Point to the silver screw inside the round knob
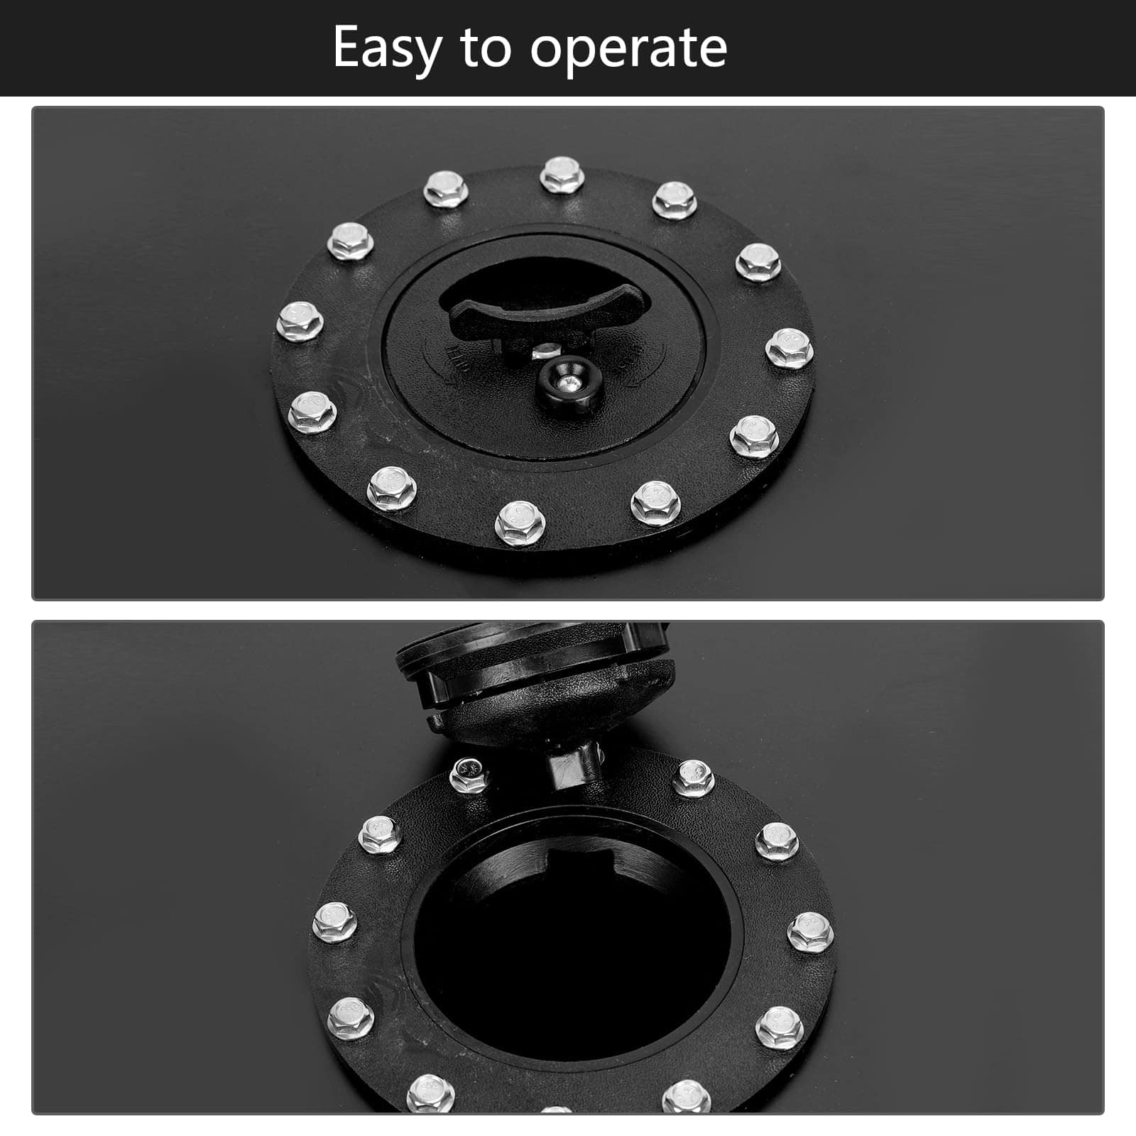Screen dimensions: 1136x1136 pos(568,383)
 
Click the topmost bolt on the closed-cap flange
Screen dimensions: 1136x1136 pos(562,175)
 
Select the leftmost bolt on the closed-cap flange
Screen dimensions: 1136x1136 pos(300,322)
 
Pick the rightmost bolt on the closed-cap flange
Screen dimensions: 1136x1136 pos(790,348)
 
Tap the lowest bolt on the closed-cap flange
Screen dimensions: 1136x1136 pos(520,523)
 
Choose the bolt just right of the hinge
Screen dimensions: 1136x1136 pos(693,778)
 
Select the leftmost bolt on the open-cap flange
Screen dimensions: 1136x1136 pos(334,922)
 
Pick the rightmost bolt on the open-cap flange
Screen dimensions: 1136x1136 pos(810,932)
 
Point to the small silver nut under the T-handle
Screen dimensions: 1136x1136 pos(544,349)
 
